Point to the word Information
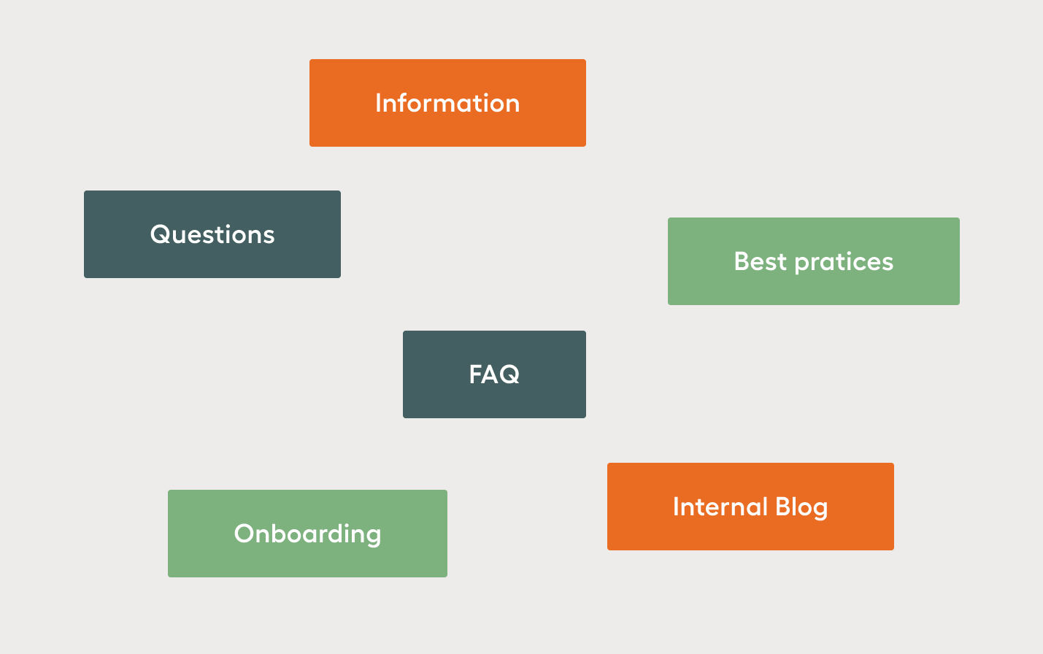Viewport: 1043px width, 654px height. tap(447, 103)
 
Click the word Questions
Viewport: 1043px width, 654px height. tap(212, 234)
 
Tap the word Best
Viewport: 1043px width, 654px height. tap(761, 261)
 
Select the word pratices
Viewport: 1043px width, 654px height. tap(844, 262)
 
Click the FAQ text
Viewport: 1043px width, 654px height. tap(494, 374)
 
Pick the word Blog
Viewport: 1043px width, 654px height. tap(801, 507)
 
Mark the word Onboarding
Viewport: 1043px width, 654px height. tap(307, 534)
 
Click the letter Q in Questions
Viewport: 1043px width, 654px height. tap(160, 234)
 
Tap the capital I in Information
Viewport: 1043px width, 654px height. tap(378, 103)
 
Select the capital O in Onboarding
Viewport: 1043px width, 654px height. tap(245, 534)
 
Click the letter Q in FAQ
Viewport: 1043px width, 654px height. tap(509, 375)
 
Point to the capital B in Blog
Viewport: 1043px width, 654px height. tap(784, 507)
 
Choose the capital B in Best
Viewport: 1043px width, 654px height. tap(742, 261)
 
